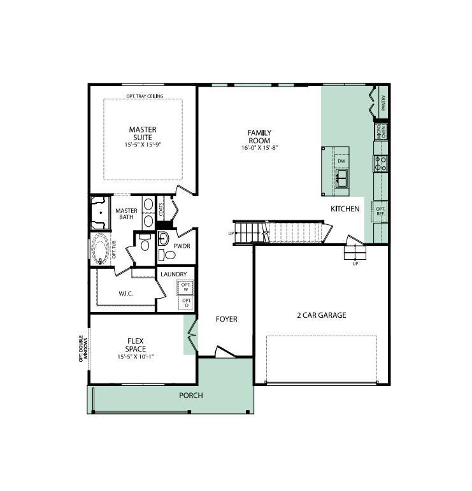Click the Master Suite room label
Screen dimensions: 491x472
[x=143, y=133]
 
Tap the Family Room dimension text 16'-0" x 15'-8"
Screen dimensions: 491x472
[x=259, y=148]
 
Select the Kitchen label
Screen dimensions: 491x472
[x=345, y=209]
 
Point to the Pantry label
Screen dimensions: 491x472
[x=383, y=103]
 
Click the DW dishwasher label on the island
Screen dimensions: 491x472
[x=341, y=161]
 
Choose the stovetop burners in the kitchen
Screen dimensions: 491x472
[x=380, y=164]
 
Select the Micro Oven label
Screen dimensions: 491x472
[x=382, y=132]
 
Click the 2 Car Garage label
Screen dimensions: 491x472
[x=322, y=315]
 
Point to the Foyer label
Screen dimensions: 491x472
[x=226, y=319]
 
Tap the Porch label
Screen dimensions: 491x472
[x=190, y=395]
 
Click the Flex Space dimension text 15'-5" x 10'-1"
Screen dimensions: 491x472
[x=136, y=357]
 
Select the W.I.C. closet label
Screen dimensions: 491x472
[x=125, y=294]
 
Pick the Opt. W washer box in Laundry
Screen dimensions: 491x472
[x=186, y=287]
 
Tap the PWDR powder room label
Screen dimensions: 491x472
[x=182, y=246]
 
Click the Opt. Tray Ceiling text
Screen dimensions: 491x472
[x=145, y=96]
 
